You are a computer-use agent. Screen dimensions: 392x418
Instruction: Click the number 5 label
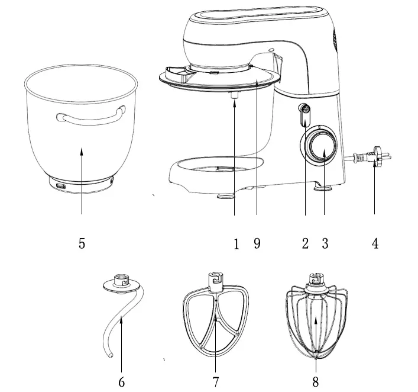point(82,243)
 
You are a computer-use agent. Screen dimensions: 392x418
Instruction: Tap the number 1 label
point(236,243)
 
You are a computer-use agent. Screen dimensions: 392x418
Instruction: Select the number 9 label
point(257,243)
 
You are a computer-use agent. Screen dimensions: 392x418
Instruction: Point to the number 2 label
point(305,243)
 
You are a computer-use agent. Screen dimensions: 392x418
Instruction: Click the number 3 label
point(325,243)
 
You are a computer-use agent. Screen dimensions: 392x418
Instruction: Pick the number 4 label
point(375,243)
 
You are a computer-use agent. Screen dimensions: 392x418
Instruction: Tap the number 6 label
point(121,382)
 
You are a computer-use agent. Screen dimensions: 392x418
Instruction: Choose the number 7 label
point(217,382)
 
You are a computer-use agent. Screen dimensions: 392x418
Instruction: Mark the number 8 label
point(316,382)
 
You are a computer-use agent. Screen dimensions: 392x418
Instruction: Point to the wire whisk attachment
point(316,320)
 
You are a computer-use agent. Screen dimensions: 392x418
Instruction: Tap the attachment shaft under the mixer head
point(235,94)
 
